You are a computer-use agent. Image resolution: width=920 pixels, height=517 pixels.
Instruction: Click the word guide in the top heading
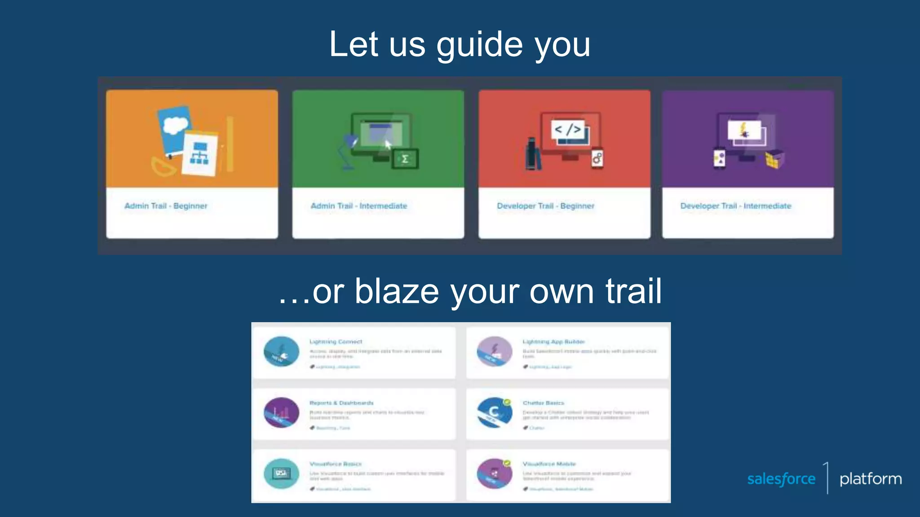click(x=479, y=45)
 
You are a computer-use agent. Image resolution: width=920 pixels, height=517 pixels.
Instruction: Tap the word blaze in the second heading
click(x=396, y=292)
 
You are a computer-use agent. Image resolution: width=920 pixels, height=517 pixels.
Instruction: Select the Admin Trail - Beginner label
click(x=166, y=206)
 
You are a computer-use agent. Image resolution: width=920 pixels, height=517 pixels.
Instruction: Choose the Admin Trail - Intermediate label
click(x=359, y=206)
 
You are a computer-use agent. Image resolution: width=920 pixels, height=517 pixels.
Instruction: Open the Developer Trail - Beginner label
click(x=545, y=206)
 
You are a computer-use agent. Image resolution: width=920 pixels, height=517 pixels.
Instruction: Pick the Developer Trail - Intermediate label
click(x=736, y=206)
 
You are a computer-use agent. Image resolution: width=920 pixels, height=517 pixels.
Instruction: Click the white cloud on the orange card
click(x=175, y=125)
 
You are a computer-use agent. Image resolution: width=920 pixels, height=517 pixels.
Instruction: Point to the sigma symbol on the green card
click(x=405, y=159)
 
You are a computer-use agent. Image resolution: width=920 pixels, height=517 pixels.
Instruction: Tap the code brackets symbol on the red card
click(x=568, y=129)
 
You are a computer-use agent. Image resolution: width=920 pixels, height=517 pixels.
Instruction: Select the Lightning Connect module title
click(x=336, y=342)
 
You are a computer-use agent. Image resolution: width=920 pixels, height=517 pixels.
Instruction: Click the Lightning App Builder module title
click(x=553, y=342)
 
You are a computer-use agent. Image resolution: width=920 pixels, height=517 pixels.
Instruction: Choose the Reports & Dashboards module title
click(x=341, y=403)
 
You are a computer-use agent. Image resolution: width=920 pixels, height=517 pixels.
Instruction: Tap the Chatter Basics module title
click(x=543, y=403)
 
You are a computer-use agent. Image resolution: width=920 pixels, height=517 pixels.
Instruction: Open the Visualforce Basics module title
click(x=336, y=464)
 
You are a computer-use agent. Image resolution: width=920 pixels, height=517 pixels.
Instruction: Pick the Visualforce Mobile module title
click(x=549, y=464)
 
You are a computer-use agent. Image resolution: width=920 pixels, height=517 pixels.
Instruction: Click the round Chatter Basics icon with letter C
click(x=494, y=412)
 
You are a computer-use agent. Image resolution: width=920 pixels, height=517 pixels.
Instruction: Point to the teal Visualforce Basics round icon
click(x=281, y=473)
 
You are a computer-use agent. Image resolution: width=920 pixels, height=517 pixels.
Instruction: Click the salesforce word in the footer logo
click(x=781, y=479)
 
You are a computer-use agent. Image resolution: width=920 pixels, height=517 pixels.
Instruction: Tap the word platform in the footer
click(x=871, y=479)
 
